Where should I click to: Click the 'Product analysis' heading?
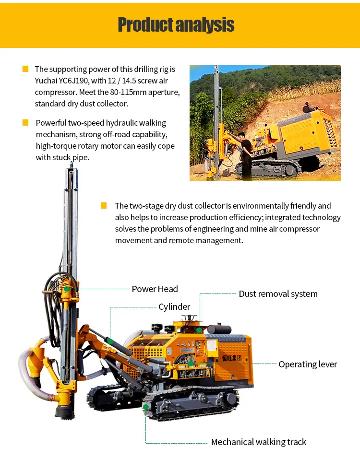pos(176,25)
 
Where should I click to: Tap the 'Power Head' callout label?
pos(155,289)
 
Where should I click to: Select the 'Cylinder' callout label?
pos(174,307)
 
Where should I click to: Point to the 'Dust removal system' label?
pos(278,294)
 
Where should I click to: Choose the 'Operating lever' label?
pos(308,364)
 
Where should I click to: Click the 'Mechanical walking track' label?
pos(258,442)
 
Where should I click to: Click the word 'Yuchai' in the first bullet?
pos(47,81)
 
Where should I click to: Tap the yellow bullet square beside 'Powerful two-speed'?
pos(25,123)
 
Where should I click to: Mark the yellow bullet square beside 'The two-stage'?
pos(104,206)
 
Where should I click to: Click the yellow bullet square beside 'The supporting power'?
pos(25,69)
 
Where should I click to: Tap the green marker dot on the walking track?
pos(146,407)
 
